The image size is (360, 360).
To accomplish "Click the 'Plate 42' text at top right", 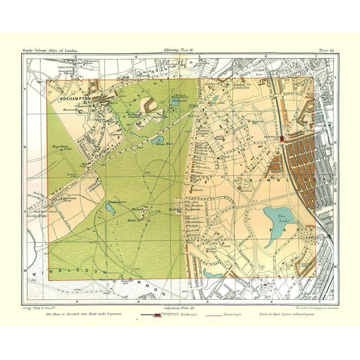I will click(x=326, y=50).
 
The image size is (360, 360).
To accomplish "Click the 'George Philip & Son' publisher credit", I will click(x=39, y=308).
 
